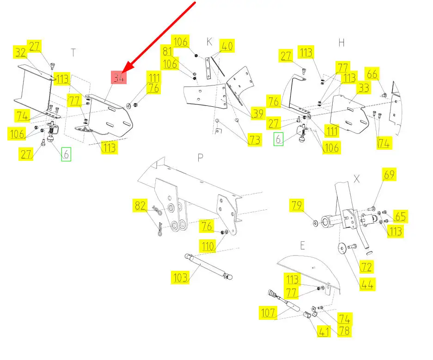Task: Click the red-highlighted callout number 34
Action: tap(119, 77)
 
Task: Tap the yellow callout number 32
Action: tap(20, 52)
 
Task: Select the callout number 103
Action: tap(180, 277)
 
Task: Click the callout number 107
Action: tap(268, 313)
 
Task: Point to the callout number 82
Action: tap(140, 205)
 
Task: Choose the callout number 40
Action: tap(227, 46)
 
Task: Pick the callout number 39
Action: tap(258, 113)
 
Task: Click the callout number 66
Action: tap(372, 74)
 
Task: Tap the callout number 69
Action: tap(389, 174)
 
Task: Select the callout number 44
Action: tap(367, 284)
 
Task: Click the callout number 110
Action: tap(207, 246)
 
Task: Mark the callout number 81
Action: tap(167, 51)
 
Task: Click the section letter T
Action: tap(73, 53)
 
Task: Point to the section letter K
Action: tap(209, 42)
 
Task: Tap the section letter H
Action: tap(342, 43)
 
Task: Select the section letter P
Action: tap(201, 158)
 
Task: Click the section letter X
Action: tap(357, 179)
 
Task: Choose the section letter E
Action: tap(303, 245)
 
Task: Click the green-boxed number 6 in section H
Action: tap(278, 139)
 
